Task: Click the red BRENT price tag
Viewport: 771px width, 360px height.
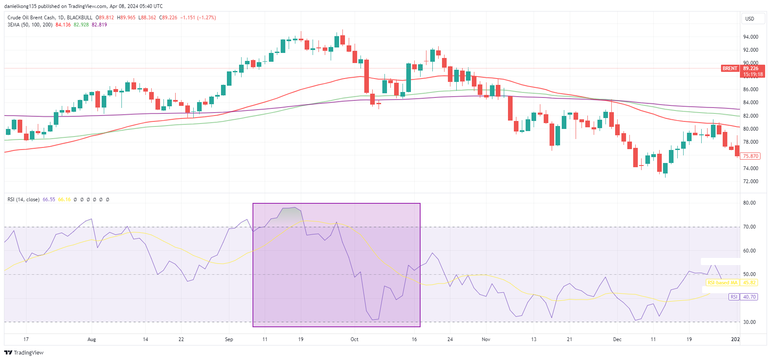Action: [730, 68]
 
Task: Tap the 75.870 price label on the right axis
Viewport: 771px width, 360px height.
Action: [751, 156]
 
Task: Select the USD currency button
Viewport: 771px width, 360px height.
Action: [750, 19]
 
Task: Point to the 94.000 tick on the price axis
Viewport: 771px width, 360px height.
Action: [750, 37]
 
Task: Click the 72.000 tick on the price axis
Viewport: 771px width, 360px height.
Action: [750, 181]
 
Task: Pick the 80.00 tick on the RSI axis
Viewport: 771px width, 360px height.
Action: [749, 203]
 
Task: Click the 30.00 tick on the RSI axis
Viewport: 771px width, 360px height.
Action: [749, 322]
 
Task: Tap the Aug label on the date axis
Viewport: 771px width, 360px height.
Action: [92, 339]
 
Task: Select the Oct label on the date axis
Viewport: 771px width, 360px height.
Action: [354, 339]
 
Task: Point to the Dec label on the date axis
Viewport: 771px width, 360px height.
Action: [617, 339]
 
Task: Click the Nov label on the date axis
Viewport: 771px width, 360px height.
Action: [486, 339]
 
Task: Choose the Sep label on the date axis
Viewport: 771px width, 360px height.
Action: [229, 339]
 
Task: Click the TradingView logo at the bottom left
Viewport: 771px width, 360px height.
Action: [24, 352]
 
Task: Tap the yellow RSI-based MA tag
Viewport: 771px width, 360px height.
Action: [722, 283]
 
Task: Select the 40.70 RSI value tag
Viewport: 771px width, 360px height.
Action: [749, 297]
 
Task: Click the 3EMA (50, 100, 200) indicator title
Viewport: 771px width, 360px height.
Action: [30, 25]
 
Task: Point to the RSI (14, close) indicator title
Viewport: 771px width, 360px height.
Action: [24, 200]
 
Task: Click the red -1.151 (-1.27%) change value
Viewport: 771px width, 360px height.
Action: [198, 18]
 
